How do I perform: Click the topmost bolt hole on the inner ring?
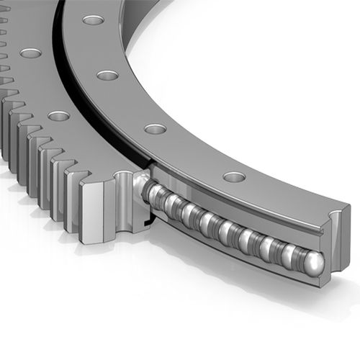point(93,19)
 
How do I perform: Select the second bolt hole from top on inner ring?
point(107,75)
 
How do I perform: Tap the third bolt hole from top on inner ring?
point(155,129)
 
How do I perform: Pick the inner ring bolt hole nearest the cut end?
point(234,176)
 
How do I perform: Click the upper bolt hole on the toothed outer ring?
point(30,53)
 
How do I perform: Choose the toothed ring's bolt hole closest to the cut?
point(58,115)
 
